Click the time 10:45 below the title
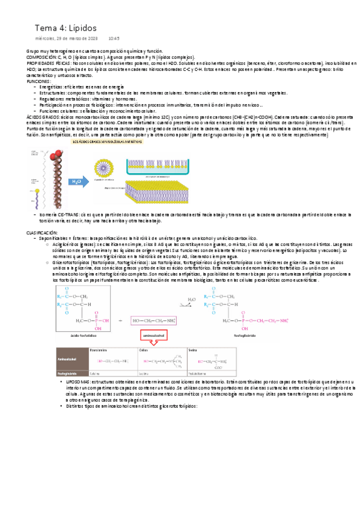[x=114, y=38]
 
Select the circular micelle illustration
[x=106, y=167]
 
